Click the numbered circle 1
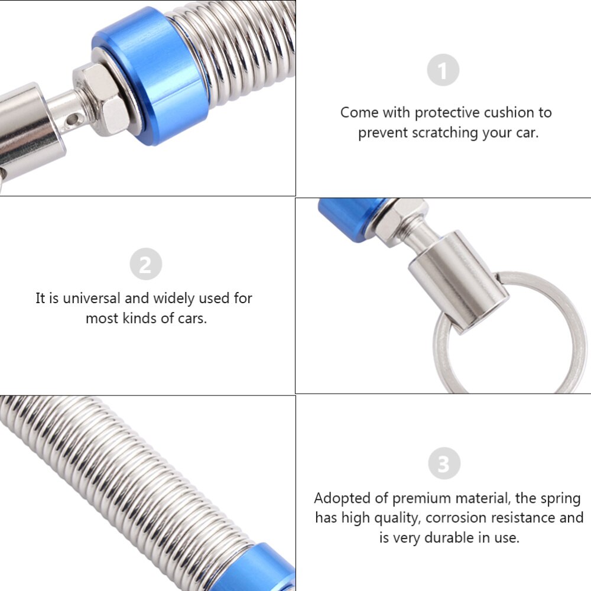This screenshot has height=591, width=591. (x=443, y=71)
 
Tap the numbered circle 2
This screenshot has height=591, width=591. (x=145, y=264)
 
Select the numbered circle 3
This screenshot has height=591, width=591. (x=443, y=463)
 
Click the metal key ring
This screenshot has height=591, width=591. (x=558, y=331)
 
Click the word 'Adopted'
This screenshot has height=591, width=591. (x=342, y=498)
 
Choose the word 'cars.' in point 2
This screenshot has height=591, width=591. (x=192, y=319)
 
